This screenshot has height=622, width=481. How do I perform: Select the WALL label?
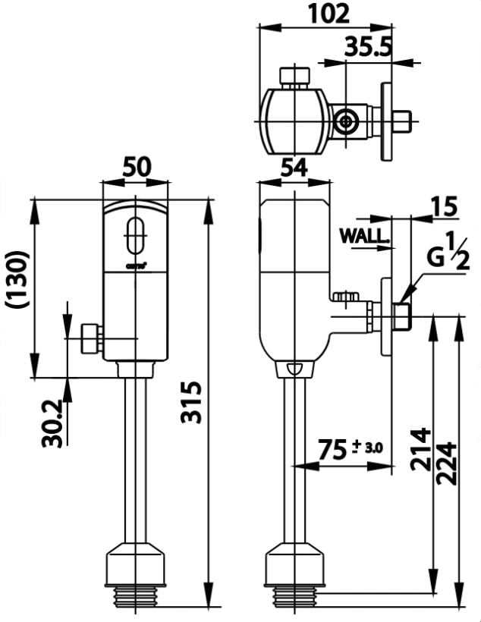coord(364,236)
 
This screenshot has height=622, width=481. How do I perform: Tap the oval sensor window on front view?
coord(137,235)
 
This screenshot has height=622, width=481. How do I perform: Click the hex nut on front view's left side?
coord(89,338)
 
